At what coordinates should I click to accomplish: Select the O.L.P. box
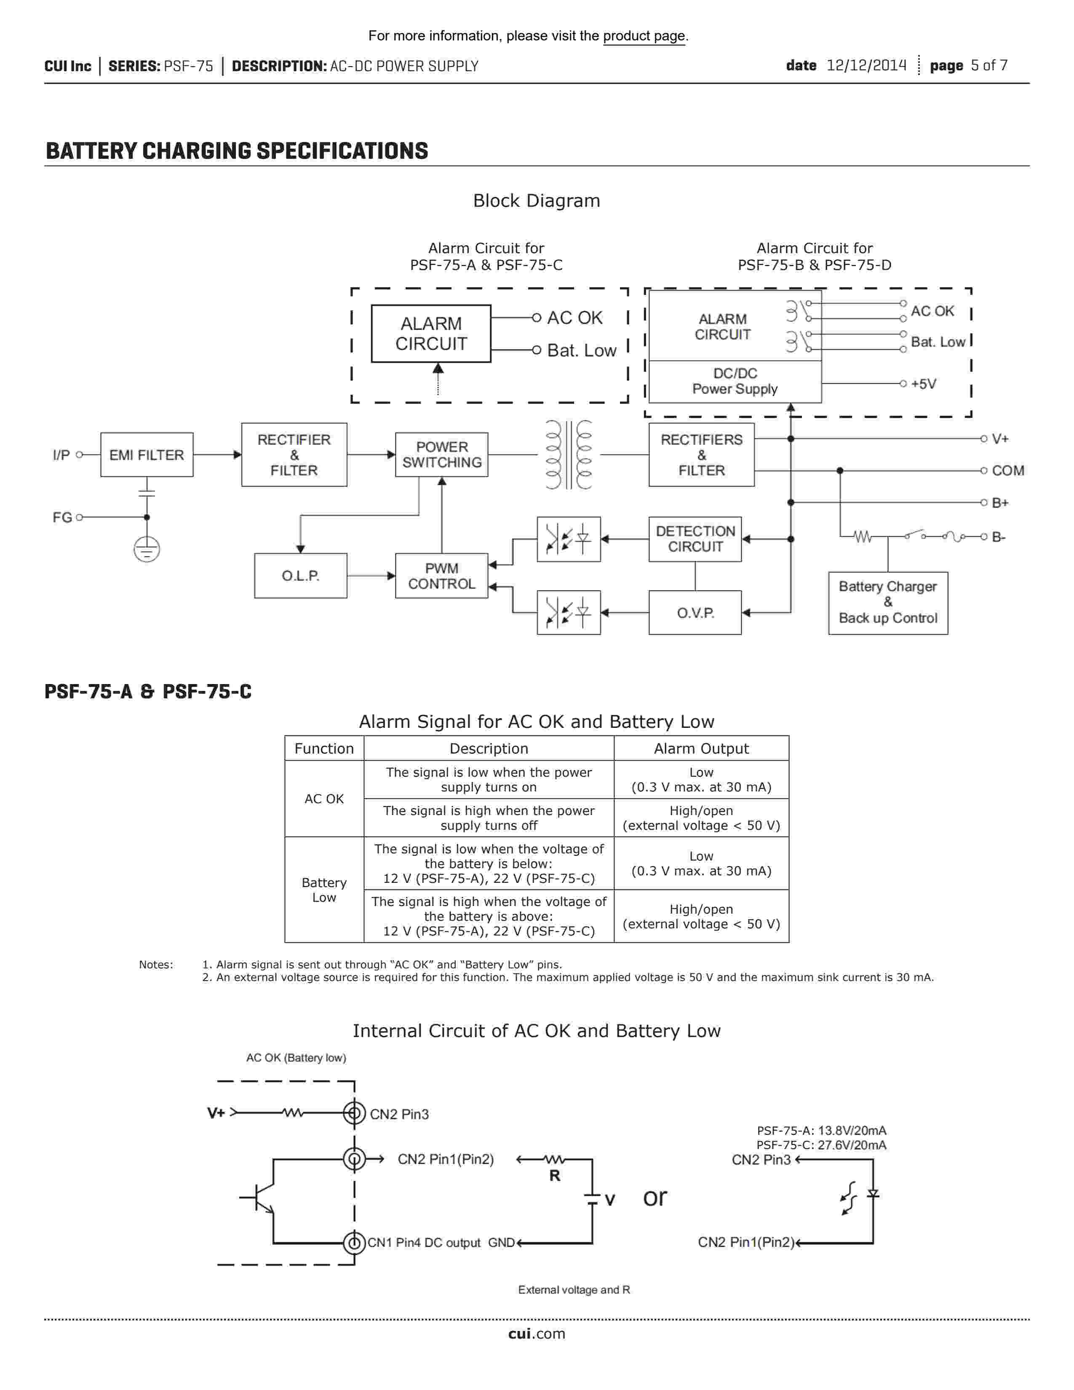pyautogui.click(x=300, y=575)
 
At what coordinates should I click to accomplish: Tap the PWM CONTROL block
pyautogui.click(x=441, y=575)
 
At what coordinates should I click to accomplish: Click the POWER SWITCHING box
pyautogui.click(x=441, y=454)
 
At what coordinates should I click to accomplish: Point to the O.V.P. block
pyautogui.click(x=695, y=612)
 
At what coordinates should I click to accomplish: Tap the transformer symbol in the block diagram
pyautogui.click(x=569, y=454)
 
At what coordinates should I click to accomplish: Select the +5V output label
pyautogui.click(x=923, y=384)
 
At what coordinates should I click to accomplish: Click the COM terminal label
pyautogui.click(x=1008, y=470)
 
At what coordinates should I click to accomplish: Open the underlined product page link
pyautogui.click(x=644, y=36)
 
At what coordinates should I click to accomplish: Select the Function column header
pyautogui.click(x=324, y=748)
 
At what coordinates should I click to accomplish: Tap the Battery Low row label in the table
pyautogui.click(x=324, y=890)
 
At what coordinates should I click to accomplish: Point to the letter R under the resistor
pyautogui.click(x=555, y=1176)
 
